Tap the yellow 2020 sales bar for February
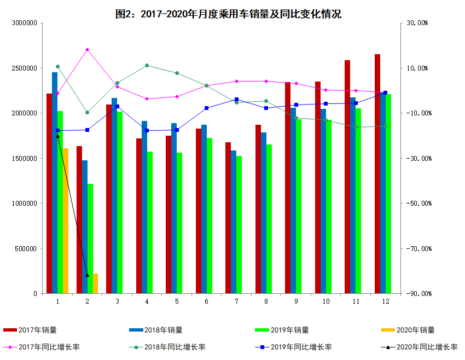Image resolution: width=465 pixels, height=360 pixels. click(x=95, y=283)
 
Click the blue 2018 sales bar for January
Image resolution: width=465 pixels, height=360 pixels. click(x=55, y=183)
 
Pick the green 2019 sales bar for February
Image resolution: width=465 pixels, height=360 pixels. click(x=90, y=239)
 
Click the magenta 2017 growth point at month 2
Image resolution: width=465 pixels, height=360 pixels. click(x=87, y=50)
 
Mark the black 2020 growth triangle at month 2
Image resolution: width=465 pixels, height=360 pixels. click(x=87, y=275)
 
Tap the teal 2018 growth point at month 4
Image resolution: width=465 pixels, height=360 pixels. click(x=147, y=66)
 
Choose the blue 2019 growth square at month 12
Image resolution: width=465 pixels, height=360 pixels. click(x=385, y=93)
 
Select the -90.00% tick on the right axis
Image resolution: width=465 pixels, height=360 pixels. click(x=419, y=294)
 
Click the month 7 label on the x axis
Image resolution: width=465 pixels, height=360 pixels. click(x=236, y=301)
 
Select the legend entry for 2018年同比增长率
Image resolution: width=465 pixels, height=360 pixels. click(x=167, y=347)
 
